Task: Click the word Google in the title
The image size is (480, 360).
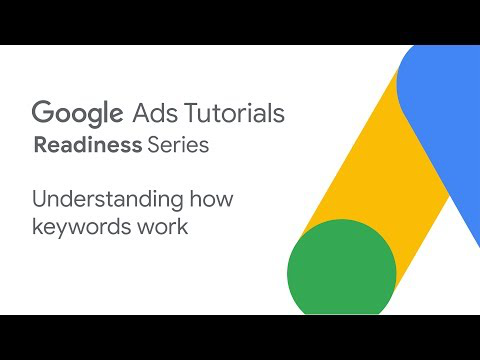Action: [77, 114]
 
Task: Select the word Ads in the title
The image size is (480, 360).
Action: [155, 113]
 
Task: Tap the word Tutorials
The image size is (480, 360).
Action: [234, 113]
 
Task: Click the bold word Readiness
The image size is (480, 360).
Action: [88, 145]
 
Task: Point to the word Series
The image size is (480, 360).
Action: [178, 145]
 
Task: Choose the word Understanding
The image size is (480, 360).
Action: [108, 200]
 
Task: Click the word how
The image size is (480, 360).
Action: [211, 198]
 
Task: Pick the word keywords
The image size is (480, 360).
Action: [81, 227]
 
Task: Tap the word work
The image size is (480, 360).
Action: [162, 227]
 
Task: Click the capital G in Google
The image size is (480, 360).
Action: [43, 112]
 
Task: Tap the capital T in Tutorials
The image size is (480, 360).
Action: [193, 113]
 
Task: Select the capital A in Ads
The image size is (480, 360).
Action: [142, 113]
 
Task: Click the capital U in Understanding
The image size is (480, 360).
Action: [40, 199]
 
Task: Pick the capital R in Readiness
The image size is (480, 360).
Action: [42, 145]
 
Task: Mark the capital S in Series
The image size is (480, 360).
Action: [154, 145]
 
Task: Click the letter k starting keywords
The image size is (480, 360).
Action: [38, 227]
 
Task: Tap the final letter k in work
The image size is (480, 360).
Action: [182, 227]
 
